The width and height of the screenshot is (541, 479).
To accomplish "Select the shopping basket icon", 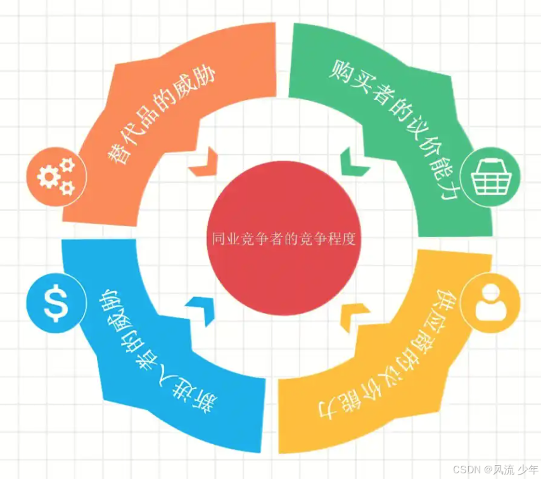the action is (x=492, y=175).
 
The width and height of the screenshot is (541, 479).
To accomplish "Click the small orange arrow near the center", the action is (x=205, y=163).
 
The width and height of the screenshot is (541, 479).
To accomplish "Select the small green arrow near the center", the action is (x=352, y=163).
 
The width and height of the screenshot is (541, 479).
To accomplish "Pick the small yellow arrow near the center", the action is (x=355, y=315).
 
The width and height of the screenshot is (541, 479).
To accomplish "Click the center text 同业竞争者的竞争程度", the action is (x=283, y=240).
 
